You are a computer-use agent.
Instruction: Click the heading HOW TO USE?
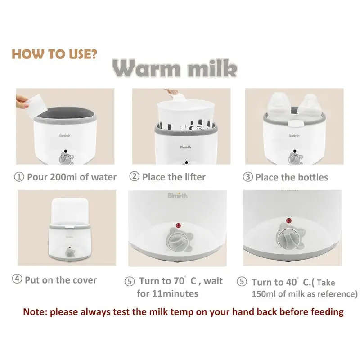[54, 54]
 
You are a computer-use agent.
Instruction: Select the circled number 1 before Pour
[19, 177]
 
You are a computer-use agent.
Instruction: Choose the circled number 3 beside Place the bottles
[248, 177]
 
